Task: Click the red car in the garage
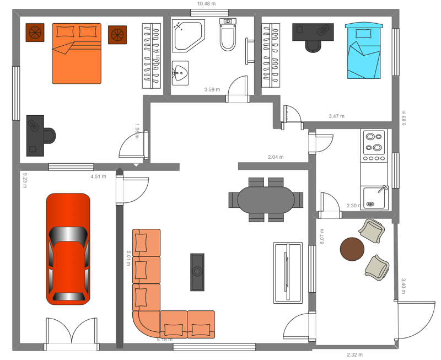68,249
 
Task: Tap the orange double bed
77,53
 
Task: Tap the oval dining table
266,199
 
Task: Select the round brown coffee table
352,249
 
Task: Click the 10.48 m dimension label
206,4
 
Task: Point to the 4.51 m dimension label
98,177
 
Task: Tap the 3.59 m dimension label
212,89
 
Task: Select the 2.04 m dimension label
276,157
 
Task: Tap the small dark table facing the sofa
197,272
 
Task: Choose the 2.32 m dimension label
354,354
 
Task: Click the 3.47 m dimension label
336,116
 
